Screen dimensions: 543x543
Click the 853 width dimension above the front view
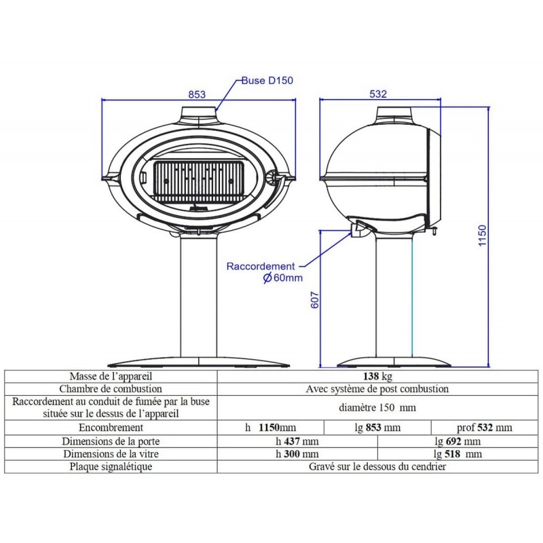197,94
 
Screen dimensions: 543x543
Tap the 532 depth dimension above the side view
378,94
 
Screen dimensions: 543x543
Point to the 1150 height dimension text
482,236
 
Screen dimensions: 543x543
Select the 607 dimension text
314,300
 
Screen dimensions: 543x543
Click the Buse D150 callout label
267,80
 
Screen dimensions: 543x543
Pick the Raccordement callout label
261,266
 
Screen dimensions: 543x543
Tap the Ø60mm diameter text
282,278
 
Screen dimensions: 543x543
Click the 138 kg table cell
377,376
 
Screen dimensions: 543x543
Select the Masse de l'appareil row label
111,376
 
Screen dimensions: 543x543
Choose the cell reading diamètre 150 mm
377,408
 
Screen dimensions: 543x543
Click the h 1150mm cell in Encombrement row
270,428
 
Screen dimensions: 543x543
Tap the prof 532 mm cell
485,428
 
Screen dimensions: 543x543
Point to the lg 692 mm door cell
457,441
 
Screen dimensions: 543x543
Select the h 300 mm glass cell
297,453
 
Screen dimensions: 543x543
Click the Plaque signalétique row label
111,466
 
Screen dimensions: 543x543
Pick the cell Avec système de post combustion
377,389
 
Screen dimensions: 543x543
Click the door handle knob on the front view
273,177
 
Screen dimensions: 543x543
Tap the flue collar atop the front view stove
198,114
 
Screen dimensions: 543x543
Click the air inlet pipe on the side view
358,229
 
